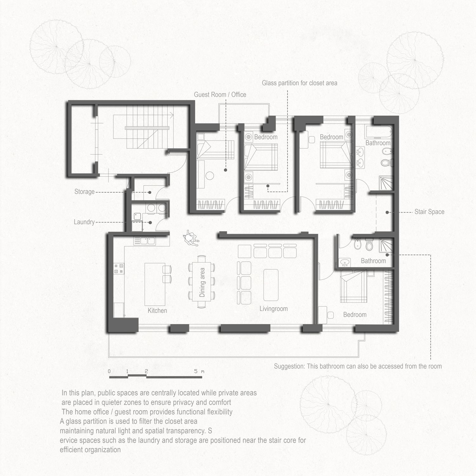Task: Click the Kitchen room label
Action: pyautogui.click(x=157, y=310)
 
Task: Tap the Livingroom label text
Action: pyautogui.click(x=274, y=309)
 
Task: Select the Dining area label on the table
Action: pyautogui.click(x=202, y=282)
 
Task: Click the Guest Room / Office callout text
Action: pyautogui.click(x=220, y=95)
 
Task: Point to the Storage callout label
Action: pyautogui.click(x=84, y=192)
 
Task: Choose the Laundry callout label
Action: pyautogui.click(x=84, y=222)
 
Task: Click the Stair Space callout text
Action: pyautogui.click(x=429, y=212)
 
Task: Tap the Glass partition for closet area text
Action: pyautogui.click(x=300, y=83)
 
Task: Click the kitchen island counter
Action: pyautogui.click(x=155, y=284)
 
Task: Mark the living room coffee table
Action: pyautogui.click(x=271, y=285)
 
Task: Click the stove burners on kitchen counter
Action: pyautogui.click(x=119, y=268)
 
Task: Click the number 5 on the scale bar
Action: pyautogui.click(x=196, y=371)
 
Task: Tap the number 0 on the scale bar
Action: pyautogui.click(x=109, y=371)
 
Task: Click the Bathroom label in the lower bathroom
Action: pyautogui.click(x=374, y=261)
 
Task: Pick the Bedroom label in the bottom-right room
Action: pyautogui.click(x=355, y=314)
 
